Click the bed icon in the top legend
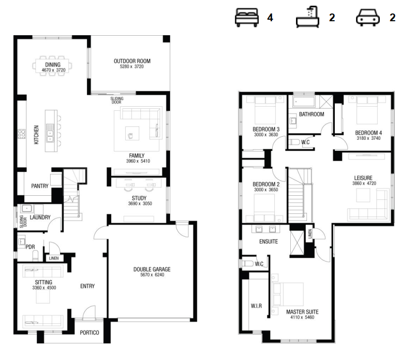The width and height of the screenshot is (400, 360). tap(247, 18)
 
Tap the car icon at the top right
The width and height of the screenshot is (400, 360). tap(367, 18)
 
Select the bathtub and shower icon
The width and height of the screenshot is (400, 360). tap(308, 17)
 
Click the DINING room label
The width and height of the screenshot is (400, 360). tap(53, 65)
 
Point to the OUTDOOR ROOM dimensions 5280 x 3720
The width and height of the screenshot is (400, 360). tap(132, 67)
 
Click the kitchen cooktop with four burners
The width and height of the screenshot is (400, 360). tap(21, 134)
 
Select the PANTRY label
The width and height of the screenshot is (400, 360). tap(40, 186)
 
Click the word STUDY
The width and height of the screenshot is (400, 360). tap(139, 198)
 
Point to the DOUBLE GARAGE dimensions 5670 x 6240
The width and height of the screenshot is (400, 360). tap(152, 275)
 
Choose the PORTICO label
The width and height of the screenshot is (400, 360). tap(90, 333)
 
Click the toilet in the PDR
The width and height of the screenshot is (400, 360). tap(36, 255)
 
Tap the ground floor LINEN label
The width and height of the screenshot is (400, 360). tap(54, 258)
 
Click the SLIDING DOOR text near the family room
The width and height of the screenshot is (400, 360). tap(117, 100)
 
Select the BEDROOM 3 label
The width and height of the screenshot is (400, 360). tap(266, 129)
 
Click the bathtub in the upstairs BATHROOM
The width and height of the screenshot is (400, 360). tap(304, 102)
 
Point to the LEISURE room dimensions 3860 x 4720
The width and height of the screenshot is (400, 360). tap(364, 183)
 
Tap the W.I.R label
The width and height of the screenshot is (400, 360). tap(256, 306)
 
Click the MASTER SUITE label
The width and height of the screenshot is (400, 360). tap(302, 312)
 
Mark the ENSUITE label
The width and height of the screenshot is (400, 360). tap(269, 241)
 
